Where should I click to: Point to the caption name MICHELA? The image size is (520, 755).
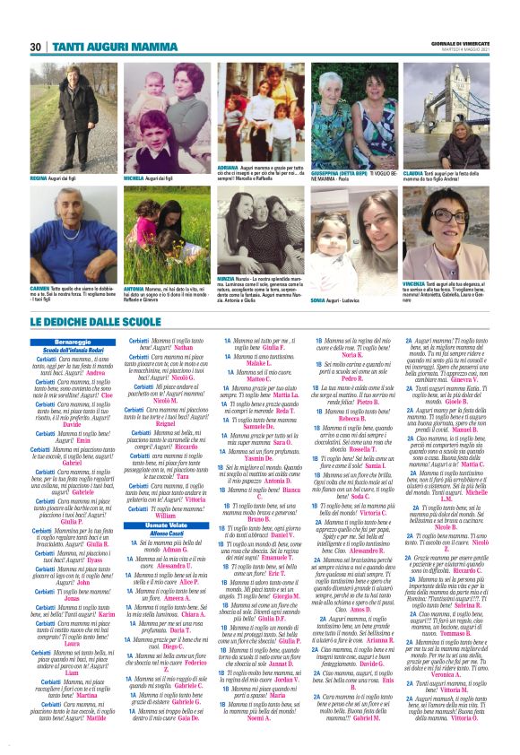point(134,178)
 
